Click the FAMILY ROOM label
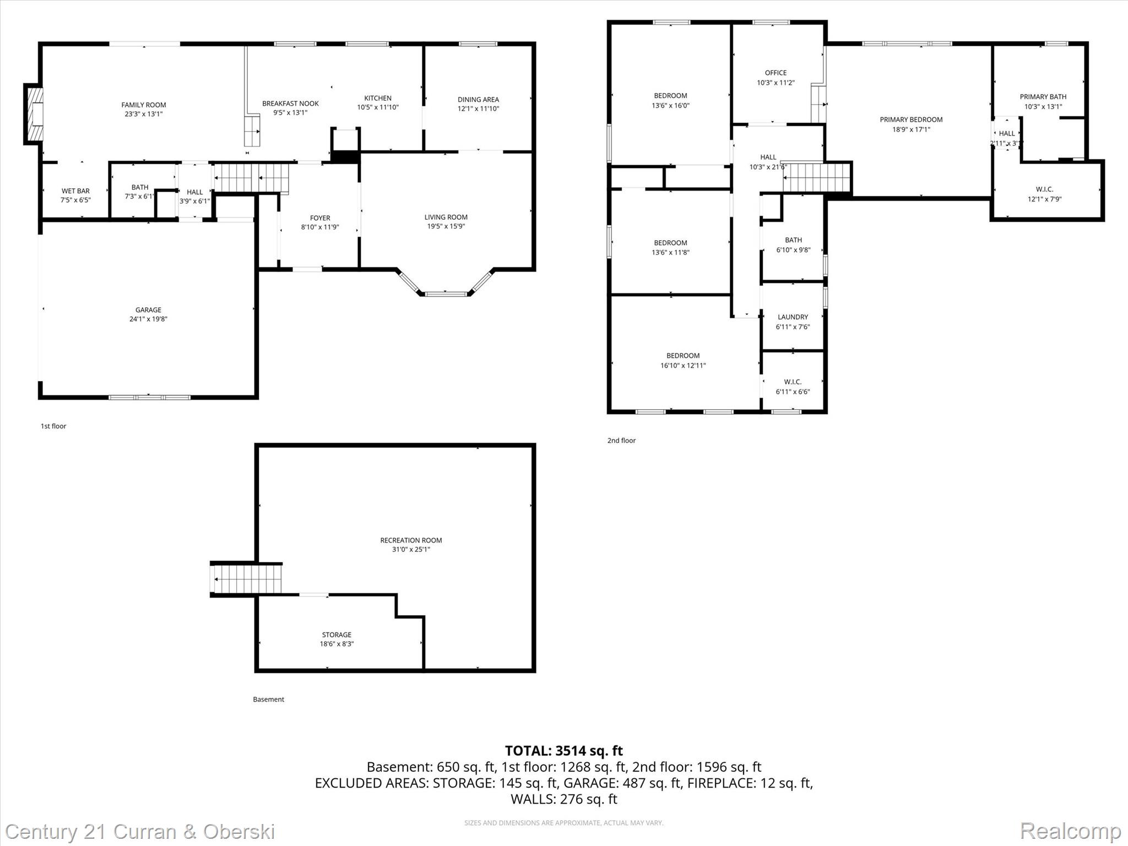144,105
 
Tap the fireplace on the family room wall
34,114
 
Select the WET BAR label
75,191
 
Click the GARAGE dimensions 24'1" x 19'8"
148,319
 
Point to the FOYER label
320,218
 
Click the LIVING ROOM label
446,217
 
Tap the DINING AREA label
478,100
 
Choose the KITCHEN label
378,98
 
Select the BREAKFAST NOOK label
290,104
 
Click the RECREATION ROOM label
411,540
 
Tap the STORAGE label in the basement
337,634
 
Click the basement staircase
246,579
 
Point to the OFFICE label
775,73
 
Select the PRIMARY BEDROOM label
911,120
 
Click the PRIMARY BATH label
1043,97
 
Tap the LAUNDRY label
793,317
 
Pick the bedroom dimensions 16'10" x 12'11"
683,365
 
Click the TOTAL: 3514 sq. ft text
564,751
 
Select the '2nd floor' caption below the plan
621,441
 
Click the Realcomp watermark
1070,831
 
